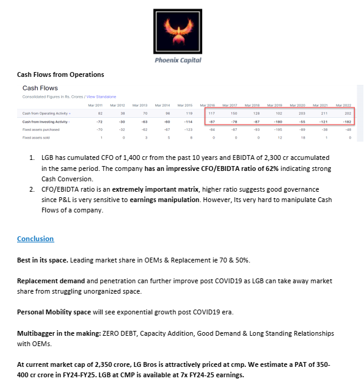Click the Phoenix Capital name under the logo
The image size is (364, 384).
(178, 60)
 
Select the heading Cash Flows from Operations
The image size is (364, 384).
(60, 74)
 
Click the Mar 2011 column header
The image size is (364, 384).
(96, 105)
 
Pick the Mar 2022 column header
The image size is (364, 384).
(343, 105)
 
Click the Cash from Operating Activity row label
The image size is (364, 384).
(46, 114)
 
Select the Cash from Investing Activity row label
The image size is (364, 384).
(46, 121)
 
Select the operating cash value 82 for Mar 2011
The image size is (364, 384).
(100, 114)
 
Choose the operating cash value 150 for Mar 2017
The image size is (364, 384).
(234, 114)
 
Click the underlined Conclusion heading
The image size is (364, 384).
(35, 239)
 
